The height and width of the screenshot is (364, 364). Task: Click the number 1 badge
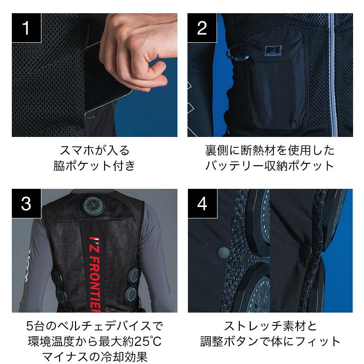click(x=26, y=28)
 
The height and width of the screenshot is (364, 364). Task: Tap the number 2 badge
click(x=202, y=28)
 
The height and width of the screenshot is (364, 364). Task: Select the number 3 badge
click(x=26, y=203)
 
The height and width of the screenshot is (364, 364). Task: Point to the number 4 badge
click(x=202, y=203)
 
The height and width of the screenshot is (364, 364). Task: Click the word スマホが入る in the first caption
click(x=95, y=151)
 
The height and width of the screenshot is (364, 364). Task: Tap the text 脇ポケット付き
click(x=94, y=166)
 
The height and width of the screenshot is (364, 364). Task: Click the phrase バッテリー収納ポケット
click(x=269, y=166)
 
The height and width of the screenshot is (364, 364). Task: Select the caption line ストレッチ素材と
click(x=270, y=326)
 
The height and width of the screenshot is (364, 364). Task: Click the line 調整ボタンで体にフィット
click(x=270, y=342)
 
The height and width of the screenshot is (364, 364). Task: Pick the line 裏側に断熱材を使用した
click(x=270, y=151)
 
